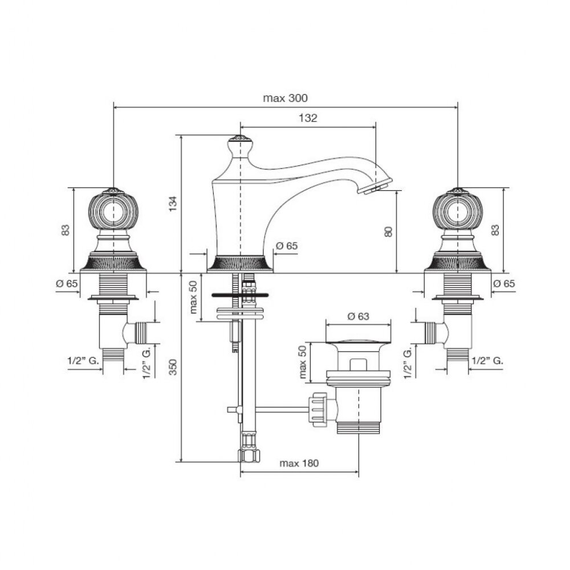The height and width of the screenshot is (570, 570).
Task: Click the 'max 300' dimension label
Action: pos(285,98)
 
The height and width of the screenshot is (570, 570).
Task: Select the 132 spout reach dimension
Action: pos(308,118)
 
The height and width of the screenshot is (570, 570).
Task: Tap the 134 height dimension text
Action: pos(173,204)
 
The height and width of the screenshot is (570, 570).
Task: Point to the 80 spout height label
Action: pos(388,231)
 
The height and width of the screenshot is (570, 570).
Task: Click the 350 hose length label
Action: pos(173,367)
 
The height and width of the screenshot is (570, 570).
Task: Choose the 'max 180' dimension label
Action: pos(299,463)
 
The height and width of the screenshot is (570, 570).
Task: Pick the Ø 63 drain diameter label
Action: pos(358,316)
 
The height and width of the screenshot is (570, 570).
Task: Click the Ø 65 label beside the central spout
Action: pos(287,246)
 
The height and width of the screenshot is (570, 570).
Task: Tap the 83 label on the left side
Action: pos(65,230)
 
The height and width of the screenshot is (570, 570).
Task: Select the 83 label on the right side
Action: pos(495,230)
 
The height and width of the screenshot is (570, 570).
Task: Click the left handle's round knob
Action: pos(113,211)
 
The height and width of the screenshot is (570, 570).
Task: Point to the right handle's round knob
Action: pos(458,211)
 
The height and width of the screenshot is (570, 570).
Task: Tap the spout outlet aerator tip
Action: pos(374,188)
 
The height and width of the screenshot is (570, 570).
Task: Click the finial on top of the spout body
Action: pos(239,145)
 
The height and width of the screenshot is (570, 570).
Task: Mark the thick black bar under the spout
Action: pos(240,295)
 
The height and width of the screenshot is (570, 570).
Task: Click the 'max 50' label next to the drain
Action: pos(303,362)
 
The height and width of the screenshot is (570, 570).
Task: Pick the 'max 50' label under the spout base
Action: pos(193,297)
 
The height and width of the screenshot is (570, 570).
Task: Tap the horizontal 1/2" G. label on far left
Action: pos(83,361)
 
